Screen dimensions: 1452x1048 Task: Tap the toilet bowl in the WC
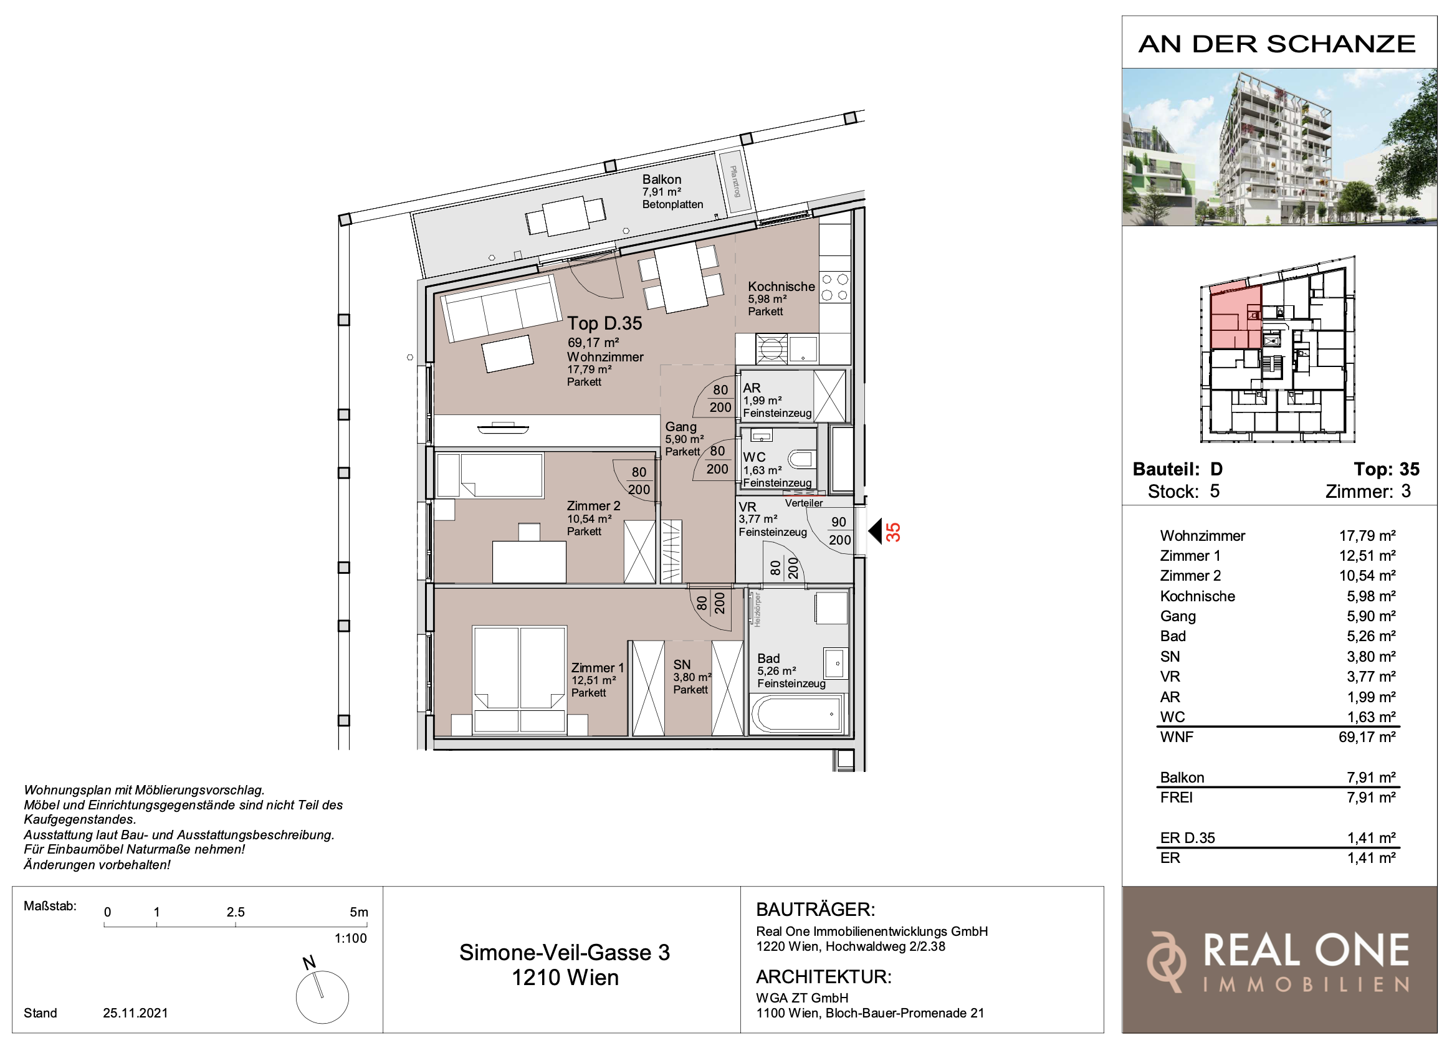pos(801,459)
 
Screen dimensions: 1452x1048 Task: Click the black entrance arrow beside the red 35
pos(875,531)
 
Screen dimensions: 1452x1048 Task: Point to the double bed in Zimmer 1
pos(519,679)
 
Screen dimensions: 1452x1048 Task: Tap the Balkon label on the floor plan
pos(662,179)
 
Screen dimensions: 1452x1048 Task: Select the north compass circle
pos(322,997)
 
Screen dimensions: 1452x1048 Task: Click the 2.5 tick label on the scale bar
pos(236,912)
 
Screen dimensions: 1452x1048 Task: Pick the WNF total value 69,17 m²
pos(1367,737)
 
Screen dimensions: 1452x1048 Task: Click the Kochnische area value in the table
pos(1371,596)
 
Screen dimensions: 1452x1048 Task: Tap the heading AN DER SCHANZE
pos(1278,44)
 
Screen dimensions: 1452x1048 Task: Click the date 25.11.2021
pos(135,1012)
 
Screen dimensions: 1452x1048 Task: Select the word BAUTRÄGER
pos(815,909)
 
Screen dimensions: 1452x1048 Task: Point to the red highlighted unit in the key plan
pos(1236,317)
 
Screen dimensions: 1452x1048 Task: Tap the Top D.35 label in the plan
pos(604,323)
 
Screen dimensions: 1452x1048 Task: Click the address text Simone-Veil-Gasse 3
pos(565,953)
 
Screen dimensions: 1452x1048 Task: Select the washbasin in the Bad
pos(835,663)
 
